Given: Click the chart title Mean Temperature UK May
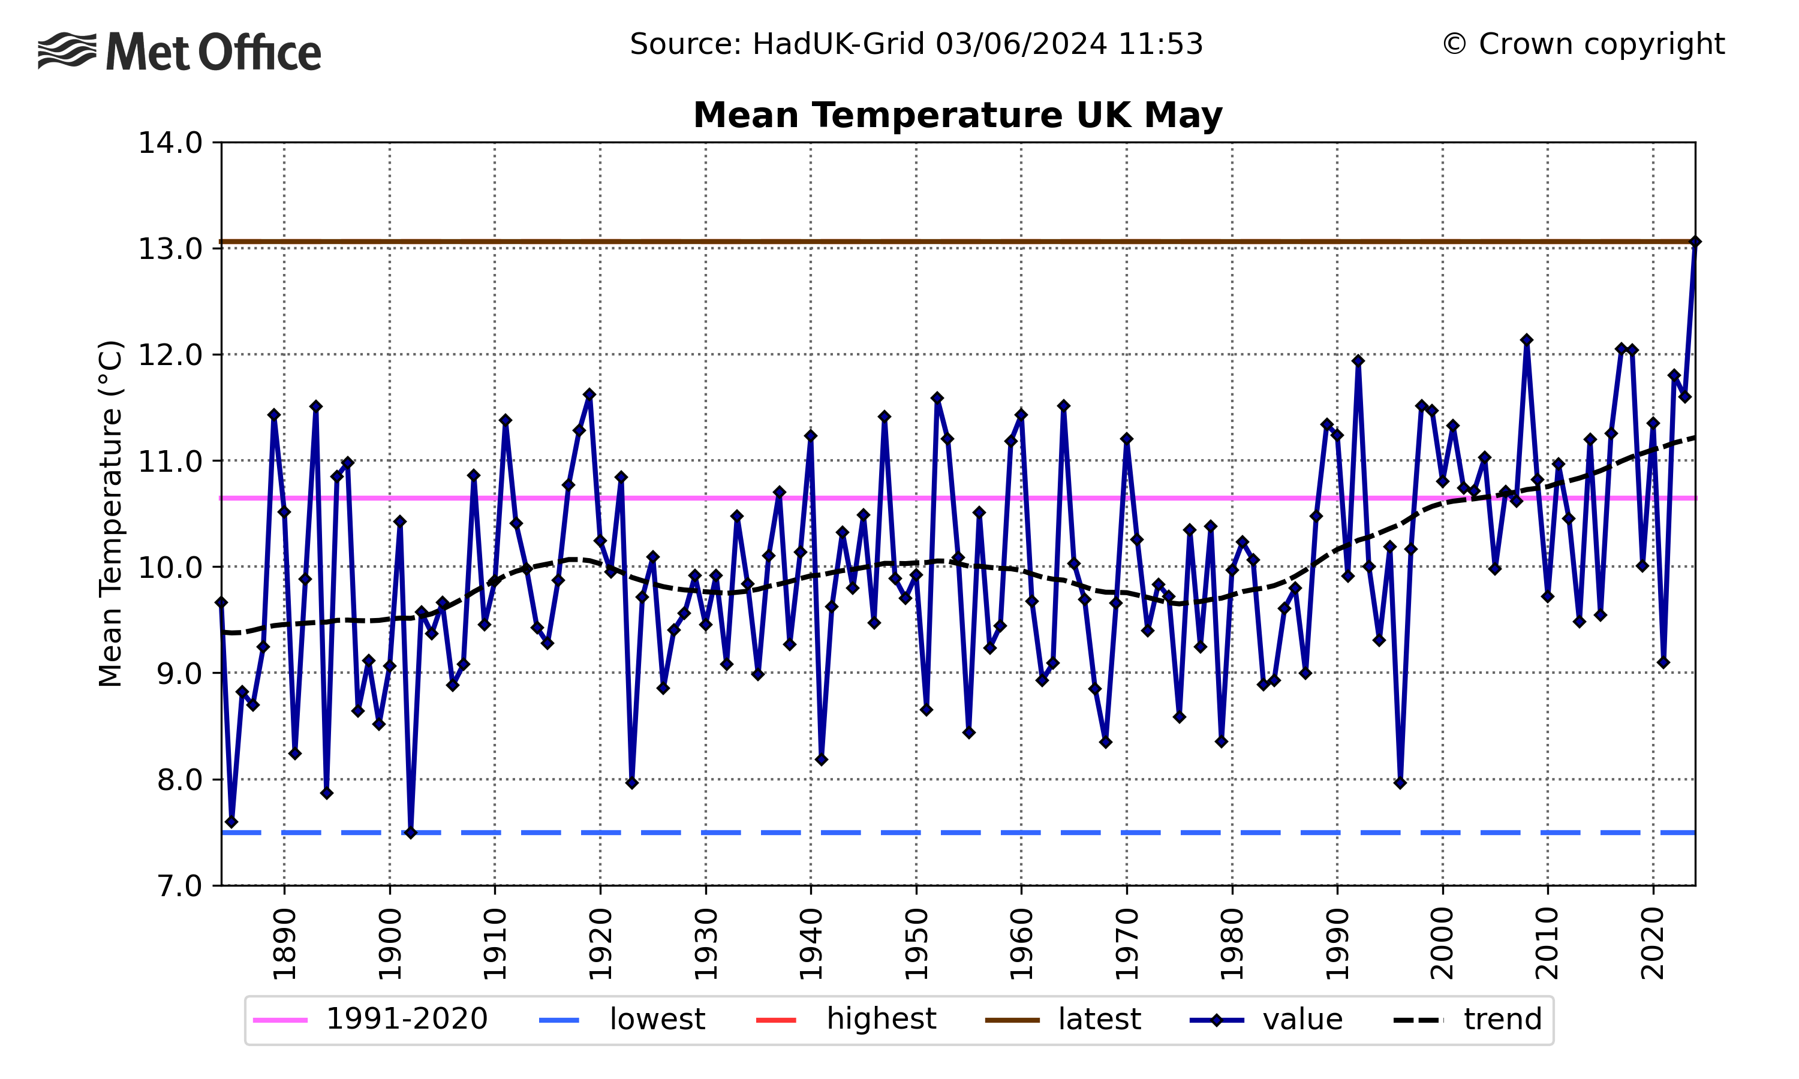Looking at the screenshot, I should click(957, 116).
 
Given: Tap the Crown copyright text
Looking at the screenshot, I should click(1583, 44).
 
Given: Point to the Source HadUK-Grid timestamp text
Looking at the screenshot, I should click(916, 44).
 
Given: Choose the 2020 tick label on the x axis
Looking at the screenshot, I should click(1653, 943).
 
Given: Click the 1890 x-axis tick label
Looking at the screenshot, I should click(284, 943).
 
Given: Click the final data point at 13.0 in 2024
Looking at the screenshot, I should click(1694, 242).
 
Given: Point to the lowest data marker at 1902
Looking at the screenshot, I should click(411, 833).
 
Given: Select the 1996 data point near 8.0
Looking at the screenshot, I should click(1400, 782).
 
